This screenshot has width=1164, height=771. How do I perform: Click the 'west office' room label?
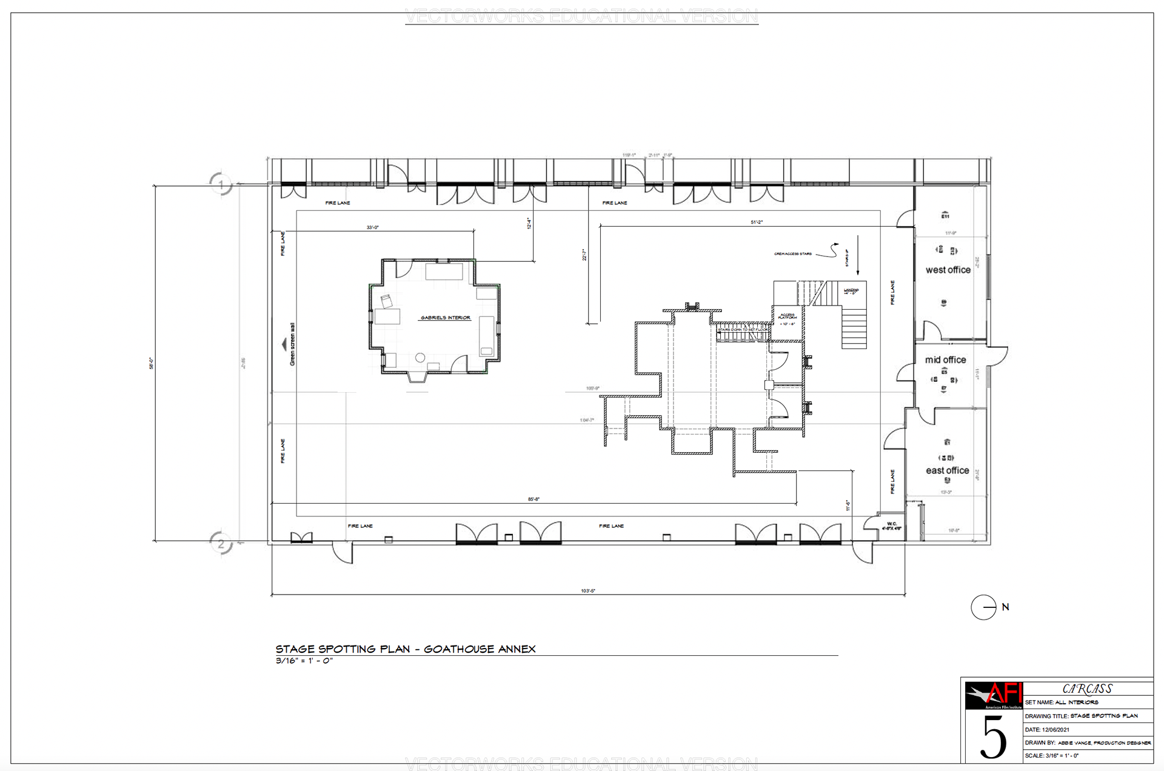coord(948,270)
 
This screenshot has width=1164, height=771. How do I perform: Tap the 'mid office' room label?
coord(945,359)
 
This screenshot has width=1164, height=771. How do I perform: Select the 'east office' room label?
coord(947,470)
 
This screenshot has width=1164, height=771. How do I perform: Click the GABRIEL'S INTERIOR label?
coord(446,318)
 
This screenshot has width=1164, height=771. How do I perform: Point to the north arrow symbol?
coord(984,607)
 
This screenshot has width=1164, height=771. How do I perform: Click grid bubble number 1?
coord(221,184)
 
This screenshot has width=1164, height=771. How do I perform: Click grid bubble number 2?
coord(221,543)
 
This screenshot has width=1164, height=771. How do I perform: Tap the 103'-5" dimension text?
coord(587,590)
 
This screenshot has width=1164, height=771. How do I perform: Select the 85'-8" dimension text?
coord(533,499)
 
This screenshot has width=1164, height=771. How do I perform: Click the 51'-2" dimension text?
coord(756,222)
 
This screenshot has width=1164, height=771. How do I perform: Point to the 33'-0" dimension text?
coord(372,227)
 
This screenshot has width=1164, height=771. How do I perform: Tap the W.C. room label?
coord(892,526)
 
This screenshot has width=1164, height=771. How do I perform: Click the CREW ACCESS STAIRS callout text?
coord(792,254)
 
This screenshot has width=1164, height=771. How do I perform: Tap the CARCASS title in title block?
coord(1087,689)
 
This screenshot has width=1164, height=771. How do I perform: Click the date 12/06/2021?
coord(1055,730)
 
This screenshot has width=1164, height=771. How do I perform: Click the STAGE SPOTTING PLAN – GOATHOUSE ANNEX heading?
coord(406,649)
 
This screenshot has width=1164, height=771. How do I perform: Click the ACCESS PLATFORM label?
coord(787,316)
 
